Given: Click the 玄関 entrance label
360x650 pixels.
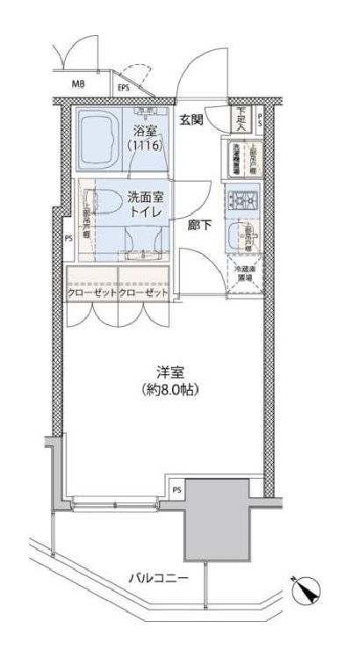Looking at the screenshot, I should click(x=193, y=120).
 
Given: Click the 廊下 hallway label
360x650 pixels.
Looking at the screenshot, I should click(x=198, y=225).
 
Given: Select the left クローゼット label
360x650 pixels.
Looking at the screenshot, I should click(x=90, y=292).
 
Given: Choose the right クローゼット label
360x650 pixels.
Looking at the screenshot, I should click(x=140, y=292).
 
